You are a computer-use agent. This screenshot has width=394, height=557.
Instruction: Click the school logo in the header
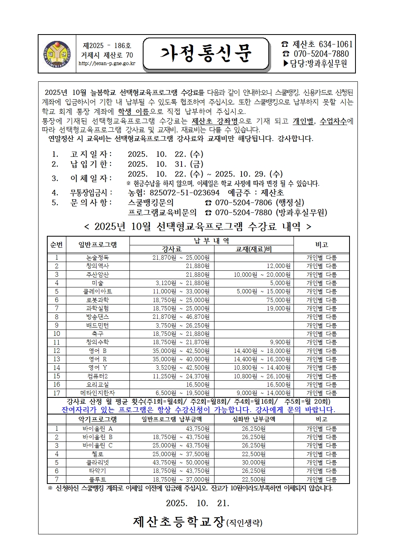[57, 54]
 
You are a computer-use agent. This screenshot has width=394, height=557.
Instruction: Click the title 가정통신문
[206, 54]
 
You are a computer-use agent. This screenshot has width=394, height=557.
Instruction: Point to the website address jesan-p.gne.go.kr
[107, 64]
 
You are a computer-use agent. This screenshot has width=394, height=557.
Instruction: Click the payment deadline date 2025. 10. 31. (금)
[165, 164]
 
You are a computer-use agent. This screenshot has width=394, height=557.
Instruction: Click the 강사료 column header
[172, 249]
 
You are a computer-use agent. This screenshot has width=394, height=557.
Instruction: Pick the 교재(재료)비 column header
[253, 249]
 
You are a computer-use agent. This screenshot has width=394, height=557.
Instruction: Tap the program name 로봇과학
[97, 300]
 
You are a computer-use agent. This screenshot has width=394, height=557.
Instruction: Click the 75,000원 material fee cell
[278, 300]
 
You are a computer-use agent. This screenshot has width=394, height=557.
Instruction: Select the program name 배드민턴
[97, 326]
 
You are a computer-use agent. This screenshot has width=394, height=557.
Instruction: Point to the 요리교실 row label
[97, 385]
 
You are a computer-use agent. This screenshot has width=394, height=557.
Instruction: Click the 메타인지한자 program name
[97, 393]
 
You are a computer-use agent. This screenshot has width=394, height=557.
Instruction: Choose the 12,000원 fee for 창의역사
[278, 266]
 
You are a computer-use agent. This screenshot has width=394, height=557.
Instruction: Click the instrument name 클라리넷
[97, 463]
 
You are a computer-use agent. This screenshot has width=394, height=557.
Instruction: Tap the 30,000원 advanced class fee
[253, 463]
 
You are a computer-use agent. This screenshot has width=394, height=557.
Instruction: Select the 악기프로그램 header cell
[97, 419]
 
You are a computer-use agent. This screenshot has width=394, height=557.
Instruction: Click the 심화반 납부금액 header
[253, 419]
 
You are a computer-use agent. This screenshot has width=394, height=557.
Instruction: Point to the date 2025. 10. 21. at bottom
[197, 503]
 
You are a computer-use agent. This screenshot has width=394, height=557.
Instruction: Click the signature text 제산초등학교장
[179, 522]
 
